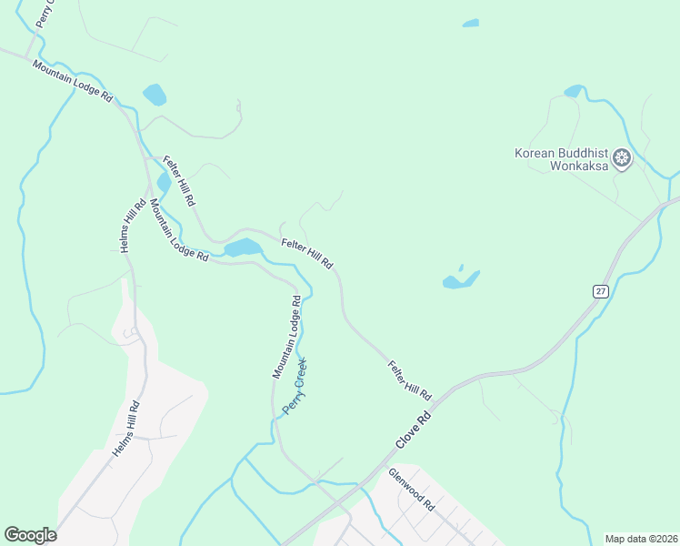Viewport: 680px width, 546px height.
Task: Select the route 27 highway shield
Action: pyautogui.click(x=601, y=291)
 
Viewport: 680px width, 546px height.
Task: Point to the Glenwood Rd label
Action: pyautogui.click(x=412, y=489)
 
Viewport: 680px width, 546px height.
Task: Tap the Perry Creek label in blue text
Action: pyautogui.click(x=295, y=386)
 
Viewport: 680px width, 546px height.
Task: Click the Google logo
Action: pyautogui.click(x=30, y=535)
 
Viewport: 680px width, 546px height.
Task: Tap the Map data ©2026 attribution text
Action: pyautogui.click(x=641, y=539)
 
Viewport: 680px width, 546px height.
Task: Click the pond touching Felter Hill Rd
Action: pyautogui.click(x=243, y=248)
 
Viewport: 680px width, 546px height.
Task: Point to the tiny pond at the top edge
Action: pyautogui.click(x=470, y=23)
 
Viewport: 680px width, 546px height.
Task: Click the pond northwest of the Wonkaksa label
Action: pyautogui.click(x=574, y=91)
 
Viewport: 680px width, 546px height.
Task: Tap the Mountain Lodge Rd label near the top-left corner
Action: pyautogui.click(x=72, y=81)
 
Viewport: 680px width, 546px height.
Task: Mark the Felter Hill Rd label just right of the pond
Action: pyautogui.click(x=307, y=252)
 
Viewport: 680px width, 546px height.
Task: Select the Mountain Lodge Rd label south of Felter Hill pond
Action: pyautogui.click(x=178, y=232)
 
